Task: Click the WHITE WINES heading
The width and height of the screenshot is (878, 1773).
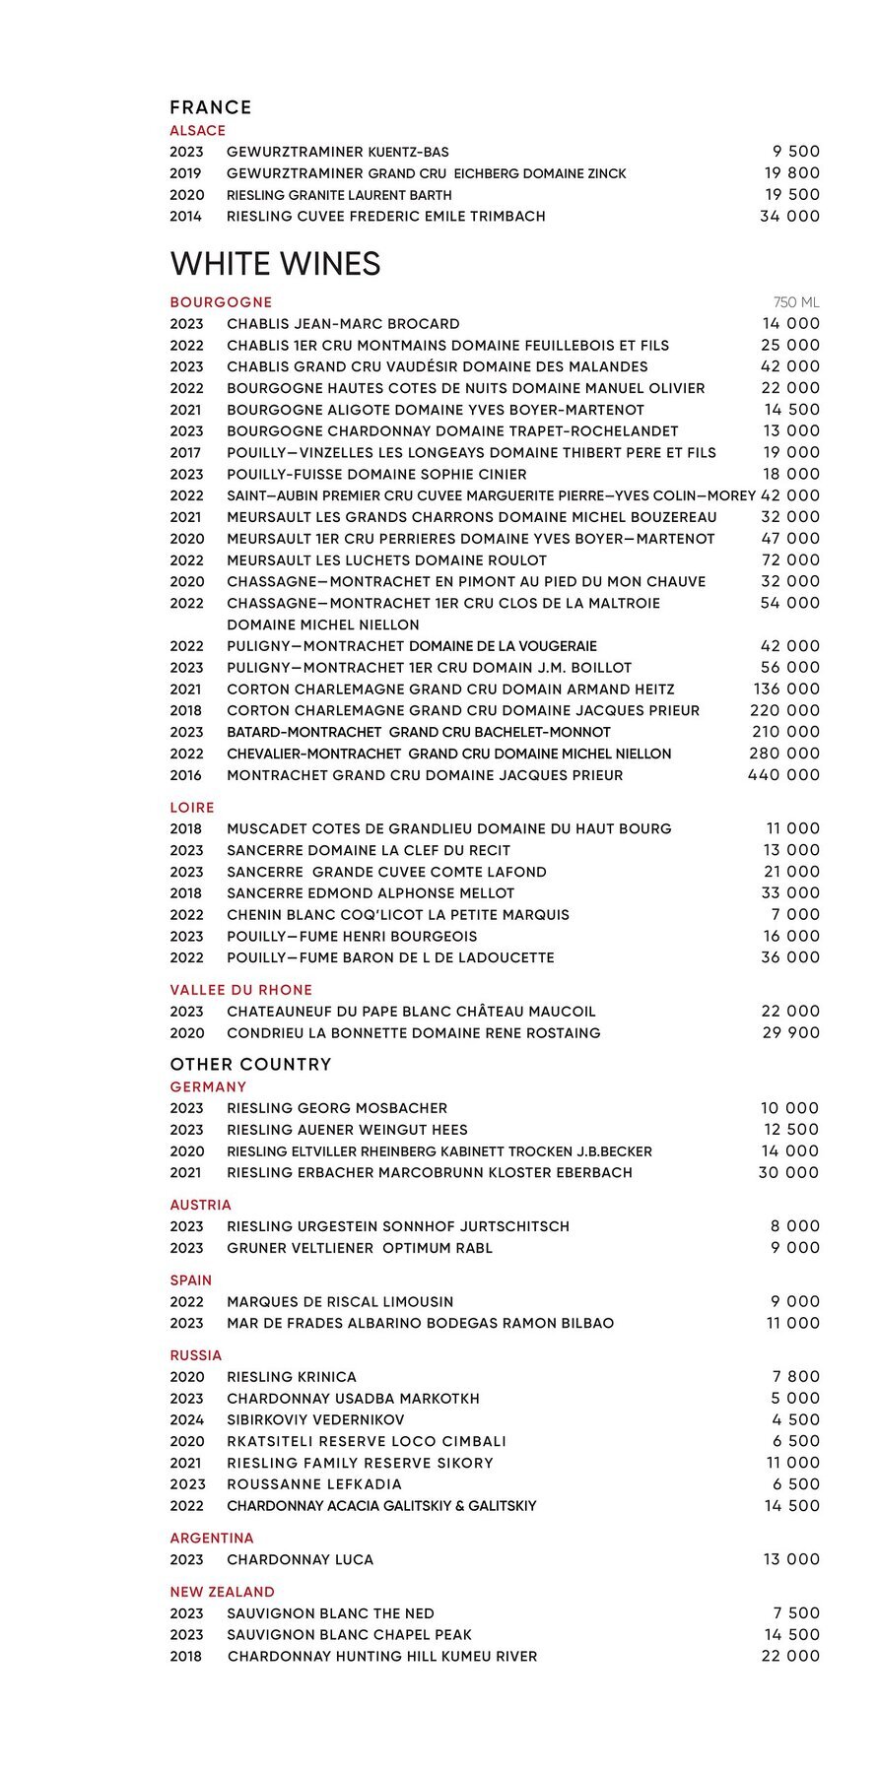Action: point(275,264)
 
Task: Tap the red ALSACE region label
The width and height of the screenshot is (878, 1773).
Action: point(197,131)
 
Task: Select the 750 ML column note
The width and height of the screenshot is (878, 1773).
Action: point(796,302)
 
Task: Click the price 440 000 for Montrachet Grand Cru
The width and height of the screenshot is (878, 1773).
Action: point(783,775)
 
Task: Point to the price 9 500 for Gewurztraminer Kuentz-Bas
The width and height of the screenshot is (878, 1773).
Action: point(796,152)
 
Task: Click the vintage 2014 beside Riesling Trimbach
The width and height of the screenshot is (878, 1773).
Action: point(185,217)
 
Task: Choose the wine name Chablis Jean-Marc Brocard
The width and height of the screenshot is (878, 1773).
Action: point(343,324)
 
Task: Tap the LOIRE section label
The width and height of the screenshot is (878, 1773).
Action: point(192,808)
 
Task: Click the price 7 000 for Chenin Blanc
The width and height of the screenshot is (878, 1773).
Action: point(796,915)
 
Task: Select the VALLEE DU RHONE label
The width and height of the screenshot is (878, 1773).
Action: point(240,990)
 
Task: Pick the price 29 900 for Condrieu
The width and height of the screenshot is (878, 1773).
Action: point(790,1033)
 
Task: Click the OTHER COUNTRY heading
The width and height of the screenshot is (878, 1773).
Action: point(250,1065)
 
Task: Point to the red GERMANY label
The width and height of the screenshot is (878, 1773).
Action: point(208,1087)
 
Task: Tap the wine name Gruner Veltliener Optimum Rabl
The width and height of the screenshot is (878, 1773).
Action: point(360,1248)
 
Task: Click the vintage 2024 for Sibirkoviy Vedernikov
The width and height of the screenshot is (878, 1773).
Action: point(186,1420)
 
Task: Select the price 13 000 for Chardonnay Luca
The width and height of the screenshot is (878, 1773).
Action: point(791,1560)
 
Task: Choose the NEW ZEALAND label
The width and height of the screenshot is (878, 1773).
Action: point(222,1592)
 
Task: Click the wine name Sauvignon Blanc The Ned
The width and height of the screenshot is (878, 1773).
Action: point(330,1613)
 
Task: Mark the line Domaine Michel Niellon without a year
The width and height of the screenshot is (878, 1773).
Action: point(323,625)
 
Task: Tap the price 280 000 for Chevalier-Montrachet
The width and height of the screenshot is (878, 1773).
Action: point(784,754)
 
